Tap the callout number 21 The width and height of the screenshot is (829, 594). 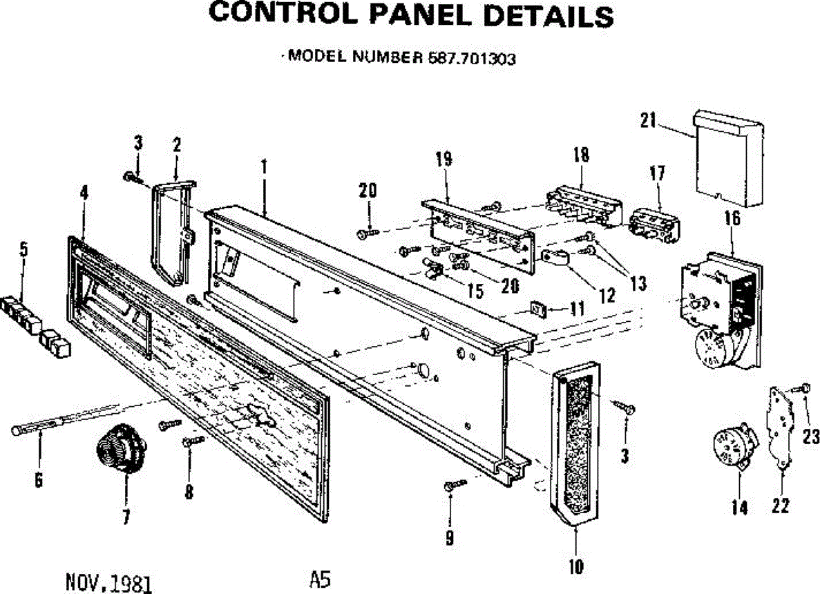[x=647, y=121]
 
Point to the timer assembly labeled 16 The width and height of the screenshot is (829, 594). [x=718, y=304]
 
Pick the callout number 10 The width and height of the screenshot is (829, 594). [x=575, y=566]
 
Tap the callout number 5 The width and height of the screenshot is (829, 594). [x=24, y=249]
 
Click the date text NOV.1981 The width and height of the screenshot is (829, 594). [x=108, y=584]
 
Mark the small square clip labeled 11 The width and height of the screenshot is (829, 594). [x=537, y=308]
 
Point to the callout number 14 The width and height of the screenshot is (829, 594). [x=739, y=508]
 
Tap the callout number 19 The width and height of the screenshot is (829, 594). [x=444, y=160]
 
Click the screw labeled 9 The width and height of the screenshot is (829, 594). [x=449, y=487]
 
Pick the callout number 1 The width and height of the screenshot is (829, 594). [x=263, y=166]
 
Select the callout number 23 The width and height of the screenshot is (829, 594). [x=812, y=436]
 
